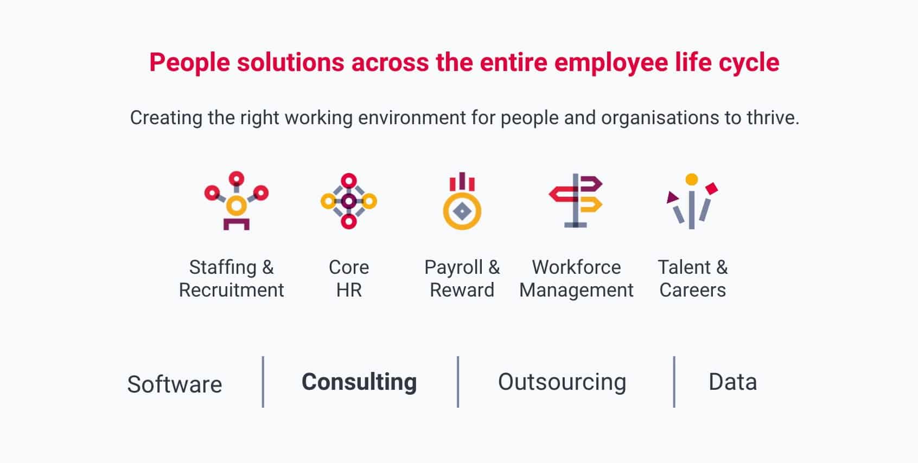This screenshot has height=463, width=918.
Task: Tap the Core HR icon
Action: point(349,201)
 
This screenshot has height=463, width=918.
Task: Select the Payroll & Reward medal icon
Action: point(462,201)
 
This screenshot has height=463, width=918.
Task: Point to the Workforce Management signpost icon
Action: point(576,201)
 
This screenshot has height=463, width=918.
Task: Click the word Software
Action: point(175,384)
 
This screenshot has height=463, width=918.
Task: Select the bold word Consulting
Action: point(359,382)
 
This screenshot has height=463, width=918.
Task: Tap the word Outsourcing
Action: point(562,382)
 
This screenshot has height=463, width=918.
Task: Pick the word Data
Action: point(733,382)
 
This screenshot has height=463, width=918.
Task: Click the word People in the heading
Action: point(189,63)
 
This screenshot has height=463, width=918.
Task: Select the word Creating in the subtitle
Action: point(166,118)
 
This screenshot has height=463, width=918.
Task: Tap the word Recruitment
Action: point(232,290)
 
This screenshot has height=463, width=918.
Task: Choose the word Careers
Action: point(693,290)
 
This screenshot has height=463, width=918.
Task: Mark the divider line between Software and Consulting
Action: point(263,382)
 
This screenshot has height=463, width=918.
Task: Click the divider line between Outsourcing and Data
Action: point(674,382)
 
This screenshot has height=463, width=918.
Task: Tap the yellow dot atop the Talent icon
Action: point(692,179)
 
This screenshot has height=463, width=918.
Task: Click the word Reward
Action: point(462,290)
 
